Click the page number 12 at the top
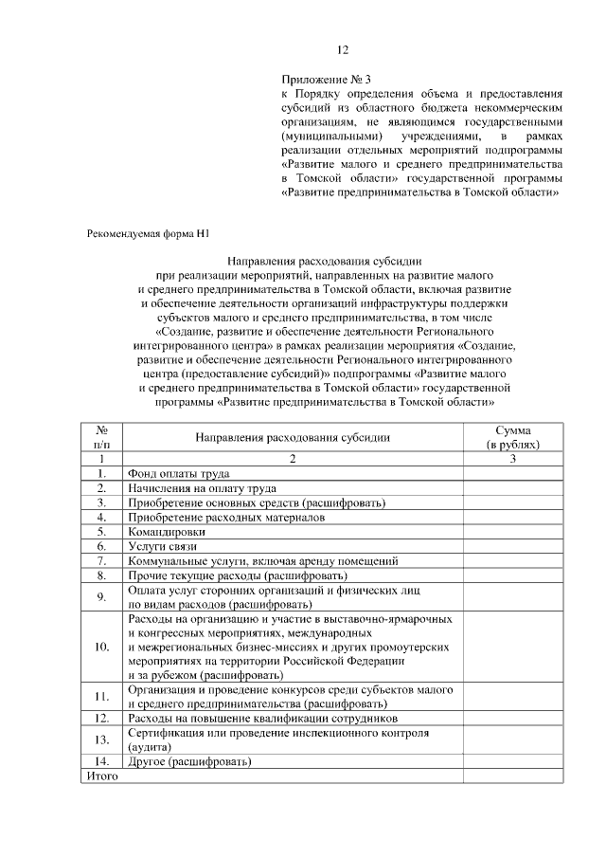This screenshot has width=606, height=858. (344, 50)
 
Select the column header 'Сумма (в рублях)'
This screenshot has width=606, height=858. (512, 437)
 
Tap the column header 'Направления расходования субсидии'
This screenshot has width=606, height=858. (293, 437)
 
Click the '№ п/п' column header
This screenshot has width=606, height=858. (101, 437)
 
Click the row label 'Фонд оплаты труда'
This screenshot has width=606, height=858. (179, 473)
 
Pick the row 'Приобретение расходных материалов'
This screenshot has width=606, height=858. (226, 518)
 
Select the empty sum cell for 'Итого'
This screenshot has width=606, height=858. (512, 776)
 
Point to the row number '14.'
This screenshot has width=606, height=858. (101, 761)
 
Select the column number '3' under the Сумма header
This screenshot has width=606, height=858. (512, 459)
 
